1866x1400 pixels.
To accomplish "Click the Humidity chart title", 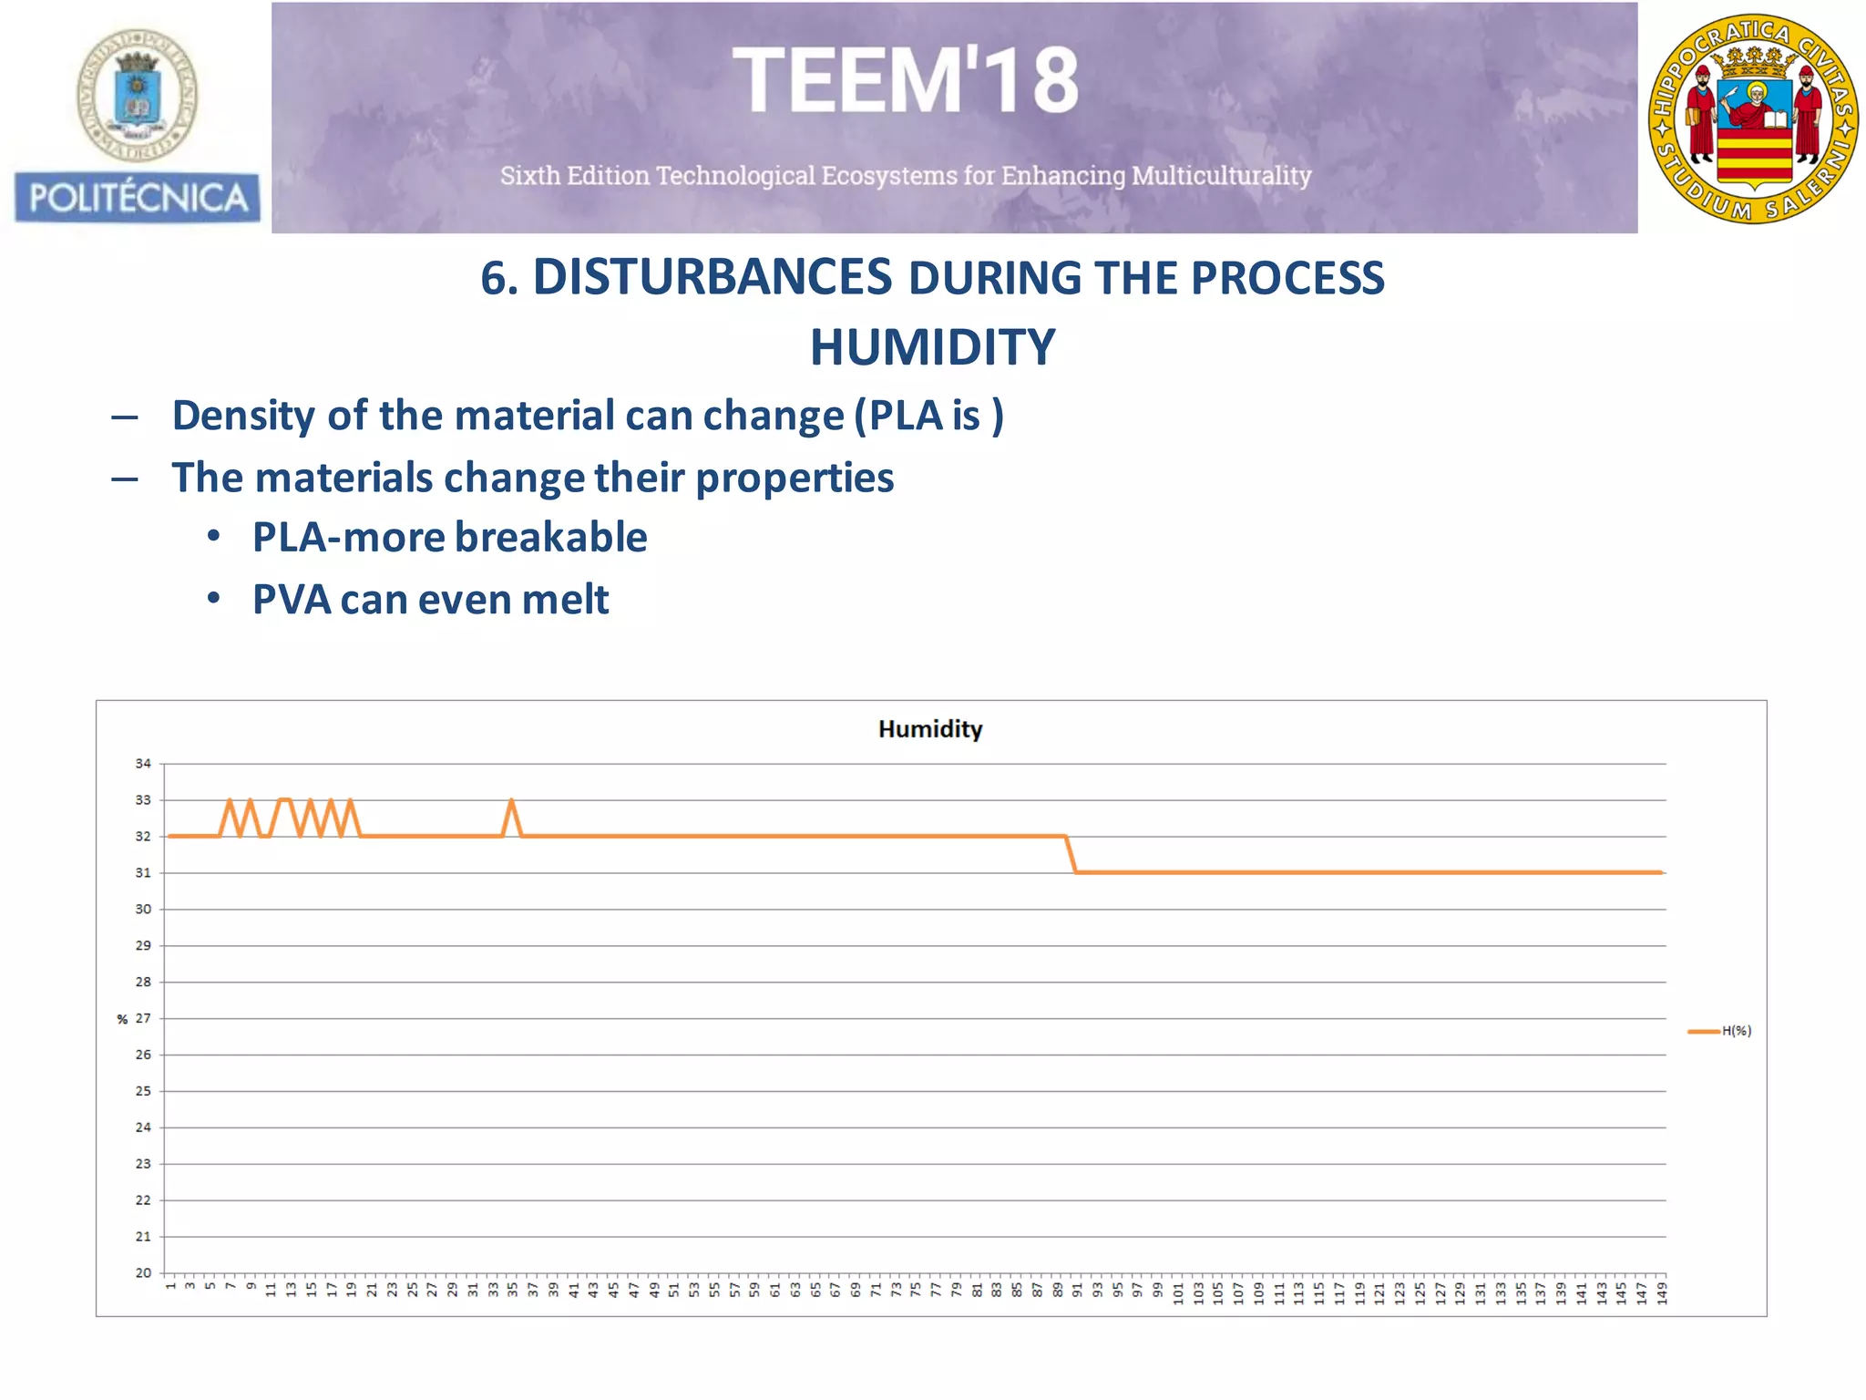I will (x=929, y=729).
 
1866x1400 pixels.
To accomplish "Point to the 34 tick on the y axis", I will (x=143, y=764).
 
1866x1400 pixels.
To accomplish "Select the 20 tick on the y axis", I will (x=143, y=1272).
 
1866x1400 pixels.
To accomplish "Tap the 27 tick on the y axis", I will (x=143, y=1018).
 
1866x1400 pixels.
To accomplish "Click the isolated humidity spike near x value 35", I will (x=511, y=802).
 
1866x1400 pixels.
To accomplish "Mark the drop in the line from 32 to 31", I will (x=1071, y=854).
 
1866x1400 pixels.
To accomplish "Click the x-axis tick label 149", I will (x=1661, y=1292).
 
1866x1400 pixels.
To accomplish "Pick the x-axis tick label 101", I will (x=1178, y=1292).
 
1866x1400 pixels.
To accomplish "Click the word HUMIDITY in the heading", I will (x=932, y=347).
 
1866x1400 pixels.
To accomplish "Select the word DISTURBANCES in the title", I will (x=712, y=277).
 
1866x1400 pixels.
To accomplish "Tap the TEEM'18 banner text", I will (x=906, y=81).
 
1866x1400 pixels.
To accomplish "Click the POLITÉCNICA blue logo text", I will (x=138, y=198).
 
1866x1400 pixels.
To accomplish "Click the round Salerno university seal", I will (x=1753, y=119).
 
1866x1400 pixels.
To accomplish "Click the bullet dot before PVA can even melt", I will (x=213, y=599).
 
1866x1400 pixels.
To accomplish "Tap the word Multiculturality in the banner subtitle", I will (x=1221, y=175).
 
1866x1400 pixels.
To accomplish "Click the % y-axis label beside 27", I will (x=122, y=1019).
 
